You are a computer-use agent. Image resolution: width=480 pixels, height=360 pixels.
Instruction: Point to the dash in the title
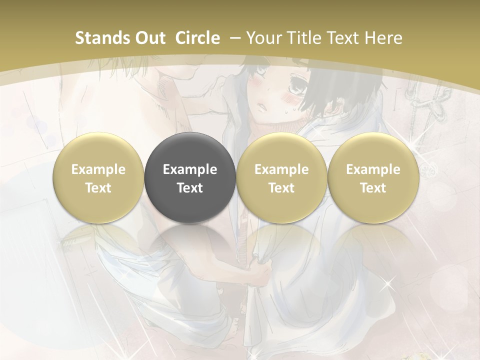pyautogui.click(x=236, y=38)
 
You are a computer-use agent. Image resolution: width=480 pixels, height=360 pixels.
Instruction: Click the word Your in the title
pyautogui.click(x=263, y=38)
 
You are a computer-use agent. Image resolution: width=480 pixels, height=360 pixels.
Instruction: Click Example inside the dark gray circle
pyautogui.click(x=190, y=169)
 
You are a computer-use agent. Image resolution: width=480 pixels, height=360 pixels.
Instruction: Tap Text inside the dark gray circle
pyautogui.click(x=190, y=188)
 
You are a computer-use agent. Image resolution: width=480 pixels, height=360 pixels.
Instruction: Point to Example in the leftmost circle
pyautogui.click(x=98, y=169)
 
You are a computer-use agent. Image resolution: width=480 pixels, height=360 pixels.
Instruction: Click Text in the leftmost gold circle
pyautogui.click(x=98, y=188)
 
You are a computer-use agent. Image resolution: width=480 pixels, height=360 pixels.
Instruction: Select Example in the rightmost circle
pyautogui.click(x=373, y=169)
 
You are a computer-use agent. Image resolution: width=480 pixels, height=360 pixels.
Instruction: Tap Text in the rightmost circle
pyautogui.click(x=373, y=188)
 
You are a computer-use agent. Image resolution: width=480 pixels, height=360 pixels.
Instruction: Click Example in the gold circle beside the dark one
pyautogui.click(x=281, y=169)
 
